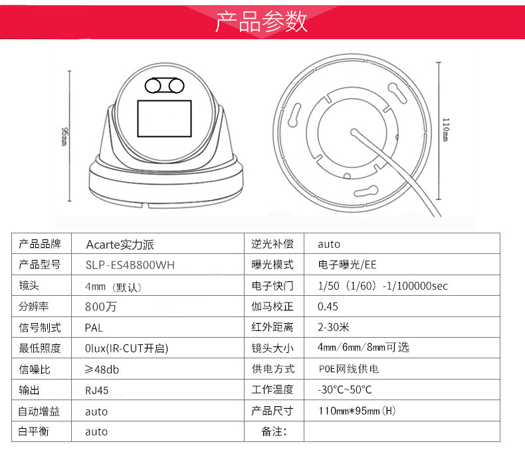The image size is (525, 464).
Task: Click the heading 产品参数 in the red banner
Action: click(261, 22)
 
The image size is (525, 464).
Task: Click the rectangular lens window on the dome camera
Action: click(163, 116)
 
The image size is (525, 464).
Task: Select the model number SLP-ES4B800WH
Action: click(130, 265)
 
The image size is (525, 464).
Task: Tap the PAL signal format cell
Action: click(94, 328)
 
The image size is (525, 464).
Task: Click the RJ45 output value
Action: click(96, 390)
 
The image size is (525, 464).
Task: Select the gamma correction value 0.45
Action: click(328, 306)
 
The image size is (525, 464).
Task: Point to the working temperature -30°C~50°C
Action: click(344, 390)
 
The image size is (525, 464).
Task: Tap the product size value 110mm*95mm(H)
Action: click(357, 411)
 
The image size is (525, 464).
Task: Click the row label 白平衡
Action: click(35, 431)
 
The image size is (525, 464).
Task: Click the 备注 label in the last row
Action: click(274, 431)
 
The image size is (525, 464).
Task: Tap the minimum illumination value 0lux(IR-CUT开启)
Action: click(126, 348)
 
